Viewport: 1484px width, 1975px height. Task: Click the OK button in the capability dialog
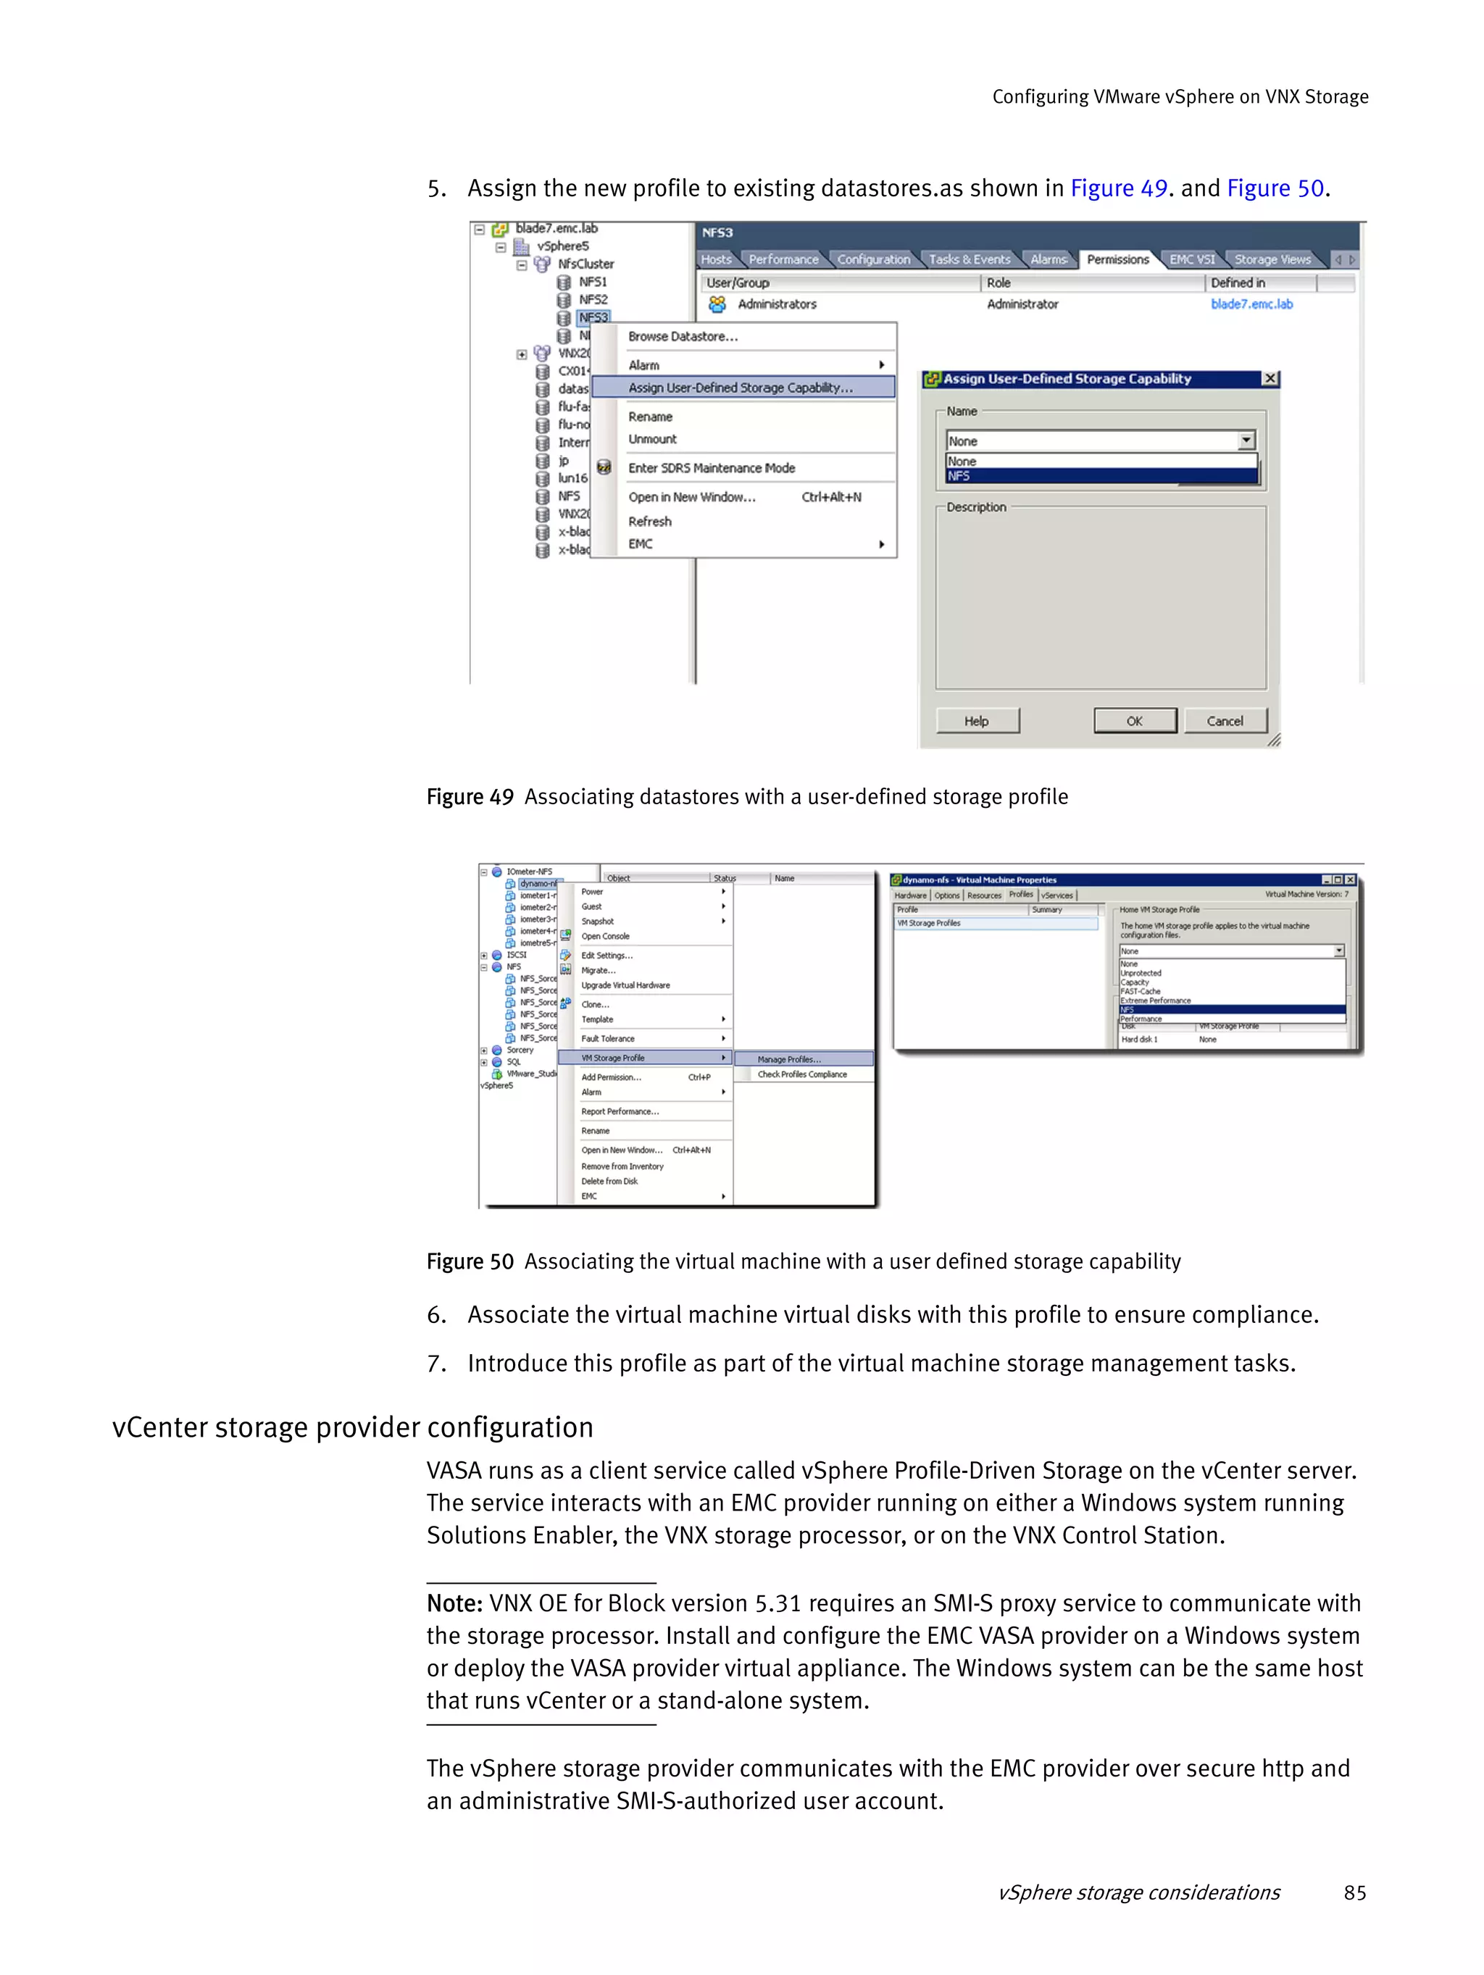point(1134,721)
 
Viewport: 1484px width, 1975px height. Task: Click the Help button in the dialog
point(977,721)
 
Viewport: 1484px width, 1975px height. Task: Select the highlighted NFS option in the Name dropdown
point(1101,476)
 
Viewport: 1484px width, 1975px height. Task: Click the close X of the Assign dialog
point(1270,379)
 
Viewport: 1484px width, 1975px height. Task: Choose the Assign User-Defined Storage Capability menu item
point(741,388)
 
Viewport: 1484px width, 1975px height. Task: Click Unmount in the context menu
point(653,439)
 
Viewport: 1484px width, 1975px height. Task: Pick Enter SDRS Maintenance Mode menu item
point(712,468)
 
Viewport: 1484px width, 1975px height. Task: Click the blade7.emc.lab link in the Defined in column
point(1251,304)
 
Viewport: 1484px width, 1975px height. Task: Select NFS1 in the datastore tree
point(593,282)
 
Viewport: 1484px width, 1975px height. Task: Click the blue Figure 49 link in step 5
point(1119,188)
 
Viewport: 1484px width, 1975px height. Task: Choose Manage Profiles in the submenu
point(789,1059)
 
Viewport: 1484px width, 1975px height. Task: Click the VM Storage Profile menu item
point(614,1058)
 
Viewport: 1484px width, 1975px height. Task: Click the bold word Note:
point(454,1603)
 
